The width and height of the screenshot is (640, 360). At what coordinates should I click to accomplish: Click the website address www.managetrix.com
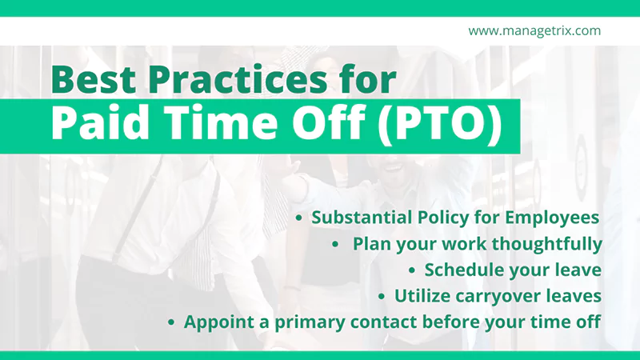point(534,31)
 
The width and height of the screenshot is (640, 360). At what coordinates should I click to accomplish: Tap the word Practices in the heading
point(242,80)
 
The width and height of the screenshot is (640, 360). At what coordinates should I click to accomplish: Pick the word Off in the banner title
point(318,125)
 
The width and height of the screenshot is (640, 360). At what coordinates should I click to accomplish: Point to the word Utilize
point(422,296)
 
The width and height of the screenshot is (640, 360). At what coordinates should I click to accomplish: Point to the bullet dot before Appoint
point(171,322)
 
